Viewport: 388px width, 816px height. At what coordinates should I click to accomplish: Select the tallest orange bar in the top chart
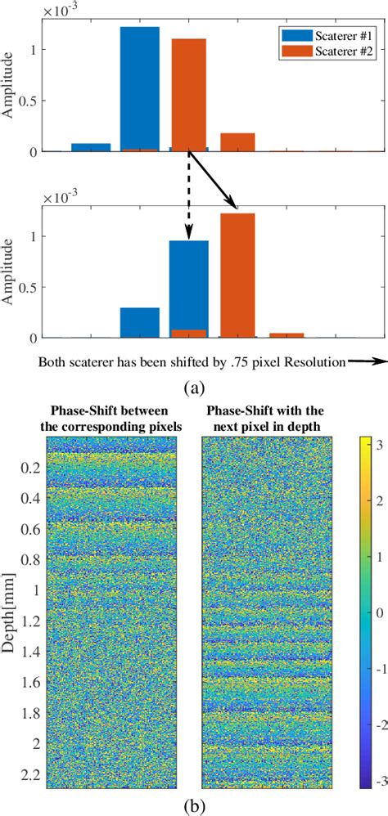coord(189,94)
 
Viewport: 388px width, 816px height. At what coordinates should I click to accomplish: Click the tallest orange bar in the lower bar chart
coord(237,275)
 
